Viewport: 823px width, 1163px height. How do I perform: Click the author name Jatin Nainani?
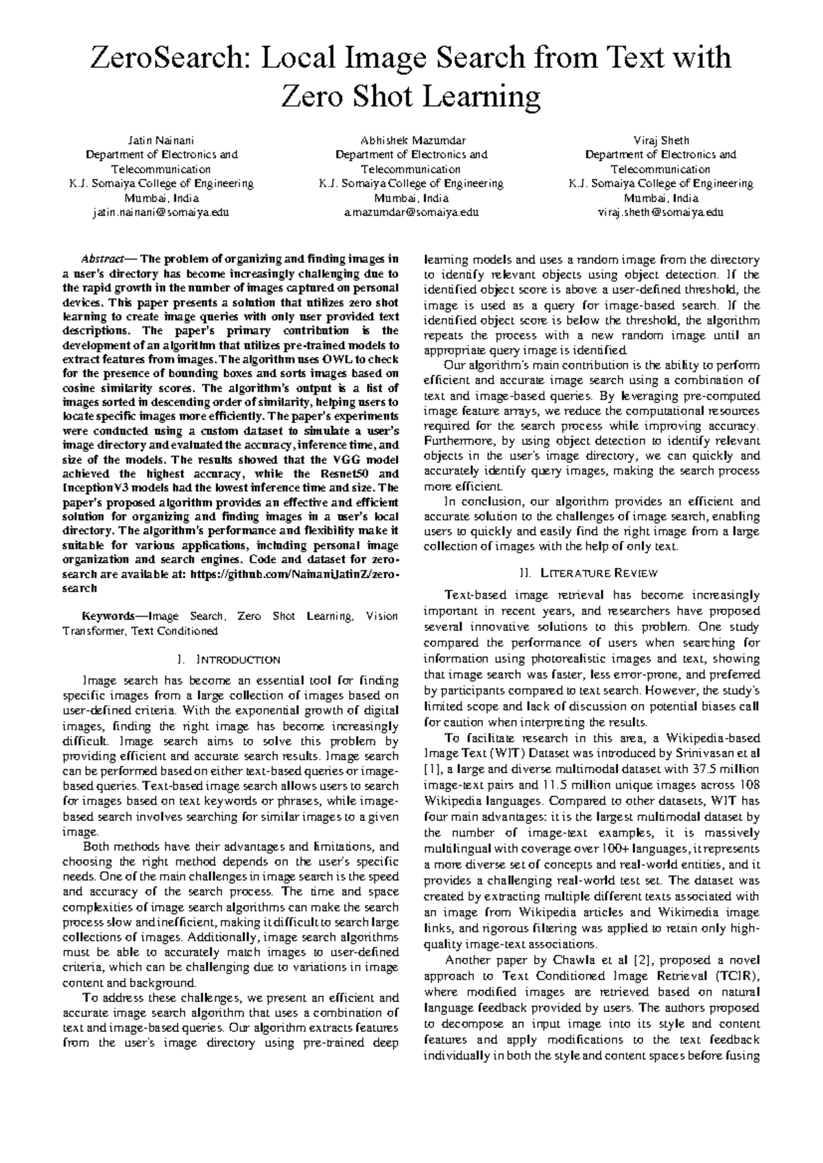[161, 141]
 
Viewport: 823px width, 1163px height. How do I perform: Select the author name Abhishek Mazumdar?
[411, 141]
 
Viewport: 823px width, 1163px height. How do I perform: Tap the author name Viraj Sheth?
[660, 141]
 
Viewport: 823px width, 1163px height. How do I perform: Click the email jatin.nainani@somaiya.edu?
[161, 213]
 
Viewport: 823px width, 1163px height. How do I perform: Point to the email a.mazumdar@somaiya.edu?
[411, 213]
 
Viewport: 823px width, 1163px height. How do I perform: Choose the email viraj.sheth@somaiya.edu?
[660, 213]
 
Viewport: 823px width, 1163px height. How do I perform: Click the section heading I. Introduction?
[230, 660]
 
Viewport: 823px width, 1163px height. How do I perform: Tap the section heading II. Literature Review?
[591, 573]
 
